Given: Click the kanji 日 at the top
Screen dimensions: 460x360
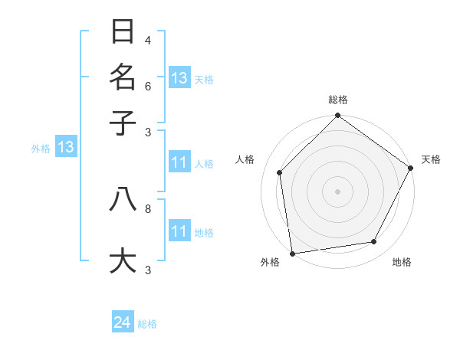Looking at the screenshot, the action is coord(123,32).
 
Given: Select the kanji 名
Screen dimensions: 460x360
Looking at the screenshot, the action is coord(123,77).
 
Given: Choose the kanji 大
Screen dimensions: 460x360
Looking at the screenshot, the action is coord(123,259).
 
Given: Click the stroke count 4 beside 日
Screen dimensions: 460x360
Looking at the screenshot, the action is coord(148,41).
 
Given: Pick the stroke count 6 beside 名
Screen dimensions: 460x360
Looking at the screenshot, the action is coord(148,86).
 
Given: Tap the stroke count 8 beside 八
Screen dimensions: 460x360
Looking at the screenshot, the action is coord(148,208).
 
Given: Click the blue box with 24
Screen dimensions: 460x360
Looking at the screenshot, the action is coord(123,322).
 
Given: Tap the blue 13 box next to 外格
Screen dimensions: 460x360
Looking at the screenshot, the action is coord(66,147).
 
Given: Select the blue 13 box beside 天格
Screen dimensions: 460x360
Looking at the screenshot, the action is coord(179,78).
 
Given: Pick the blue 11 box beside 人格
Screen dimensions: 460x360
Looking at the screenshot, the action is coord(179,162).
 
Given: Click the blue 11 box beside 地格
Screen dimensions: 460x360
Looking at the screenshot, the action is coord(179,231).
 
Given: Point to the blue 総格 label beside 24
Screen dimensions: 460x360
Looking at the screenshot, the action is coord(147,324).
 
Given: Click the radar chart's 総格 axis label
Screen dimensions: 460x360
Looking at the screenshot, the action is coord(337,100).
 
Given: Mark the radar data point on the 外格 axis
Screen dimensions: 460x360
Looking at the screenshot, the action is coord(292,253).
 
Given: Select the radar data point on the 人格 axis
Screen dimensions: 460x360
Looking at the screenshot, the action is coord(280,172).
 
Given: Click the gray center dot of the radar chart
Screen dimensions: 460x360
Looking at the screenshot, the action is coord(337,191).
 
